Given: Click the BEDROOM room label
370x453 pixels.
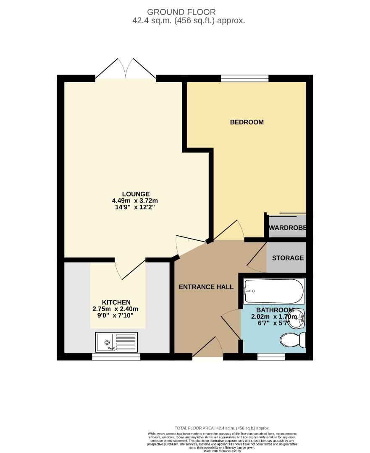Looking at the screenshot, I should click(247, 122).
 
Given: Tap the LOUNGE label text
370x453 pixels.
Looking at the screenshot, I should click(136, 194).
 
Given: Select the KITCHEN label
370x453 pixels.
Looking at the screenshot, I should click(116, 302).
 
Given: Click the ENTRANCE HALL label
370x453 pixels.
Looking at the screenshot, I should click(206, 287).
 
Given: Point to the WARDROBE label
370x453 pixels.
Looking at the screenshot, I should click(287, 228).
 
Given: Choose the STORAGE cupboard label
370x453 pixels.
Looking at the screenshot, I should click(288, 258).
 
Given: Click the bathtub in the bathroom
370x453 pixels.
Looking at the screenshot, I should click(274, 291).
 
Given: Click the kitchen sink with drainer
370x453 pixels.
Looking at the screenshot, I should click(116, 342).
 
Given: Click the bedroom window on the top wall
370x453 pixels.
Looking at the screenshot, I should click(244, 78).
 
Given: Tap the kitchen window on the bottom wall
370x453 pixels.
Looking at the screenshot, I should click(116, 357).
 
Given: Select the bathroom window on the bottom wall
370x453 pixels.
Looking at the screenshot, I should click(271, 357).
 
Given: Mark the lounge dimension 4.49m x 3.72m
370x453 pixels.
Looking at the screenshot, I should click(136, 200).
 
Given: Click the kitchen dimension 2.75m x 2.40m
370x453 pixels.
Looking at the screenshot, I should click(116, 309).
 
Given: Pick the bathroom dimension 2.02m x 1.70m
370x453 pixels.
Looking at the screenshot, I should click(274, 317).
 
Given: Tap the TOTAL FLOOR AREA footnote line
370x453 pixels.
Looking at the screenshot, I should click(222, 428).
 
